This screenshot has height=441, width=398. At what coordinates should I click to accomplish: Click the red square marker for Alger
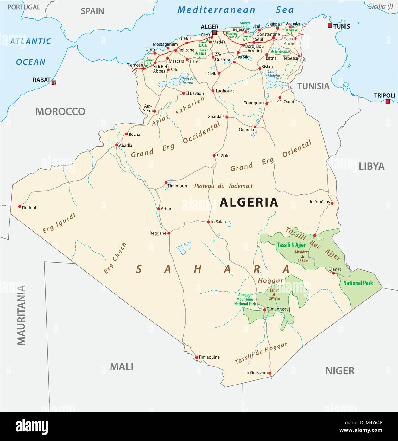click(x=215, y=33)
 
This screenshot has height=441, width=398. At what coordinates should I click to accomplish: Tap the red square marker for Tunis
click(x=330, y=26)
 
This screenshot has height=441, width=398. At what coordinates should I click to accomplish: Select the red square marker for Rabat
click(x=54, y=82)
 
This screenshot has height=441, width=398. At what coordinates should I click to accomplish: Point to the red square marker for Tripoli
click(x=388, y=102)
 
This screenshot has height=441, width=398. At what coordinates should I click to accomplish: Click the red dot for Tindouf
click(x=20, y=206)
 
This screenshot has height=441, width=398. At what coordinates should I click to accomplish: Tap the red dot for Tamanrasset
click(x=265, y=310)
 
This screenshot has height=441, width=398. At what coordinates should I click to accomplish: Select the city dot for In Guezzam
click(x=270, y=373)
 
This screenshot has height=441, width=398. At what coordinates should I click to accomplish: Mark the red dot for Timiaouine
click(x=196, y=357)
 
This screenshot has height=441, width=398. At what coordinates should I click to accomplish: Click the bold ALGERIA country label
click(x=249, y=202)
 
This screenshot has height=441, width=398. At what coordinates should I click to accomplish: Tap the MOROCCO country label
click(x=60, y=111)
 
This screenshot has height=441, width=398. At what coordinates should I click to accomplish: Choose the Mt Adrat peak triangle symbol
click(x=302, y=256)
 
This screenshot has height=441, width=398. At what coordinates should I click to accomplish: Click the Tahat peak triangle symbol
click(x=274, y=294)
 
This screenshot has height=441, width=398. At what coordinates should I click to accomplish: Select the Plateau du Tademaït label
click(x=224, y=186)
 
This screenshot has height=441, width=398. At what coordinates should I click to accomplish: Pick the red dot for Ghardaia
click(x=227, y=117)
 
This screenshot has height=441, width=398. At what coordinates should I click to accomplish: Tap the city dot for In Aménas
click(x=332, y=203)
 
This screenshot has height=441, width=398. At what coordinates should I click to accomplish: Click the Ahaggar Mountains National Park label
click(x=245, y=299)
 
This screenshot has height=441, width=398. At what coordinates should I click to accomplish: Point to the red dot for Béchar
click(x=126, y=134)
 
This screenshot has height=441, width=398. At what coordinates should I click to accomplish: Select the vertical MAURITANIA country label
click(x=21, y=315)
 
